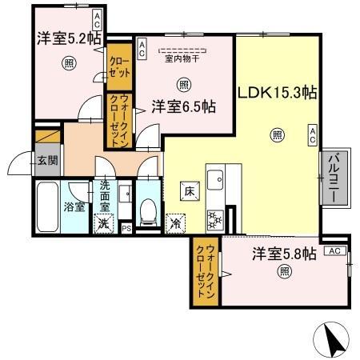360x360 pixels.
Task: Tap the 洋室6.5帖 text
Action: pyautogui.click(x=183, y=106)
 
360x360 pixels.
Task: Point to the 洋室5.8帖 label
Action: pyautogui.click(x=284, y=254)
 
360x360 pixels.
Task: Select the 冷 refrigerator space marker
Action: pyautogui.click(x=174, y=224)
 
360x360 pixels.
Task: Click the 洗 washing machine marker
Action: pyautogui.click(x=103, y=224)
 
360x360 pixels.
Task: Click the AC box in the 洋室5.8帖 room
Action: pyautogui.click(x=334, y=251)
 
